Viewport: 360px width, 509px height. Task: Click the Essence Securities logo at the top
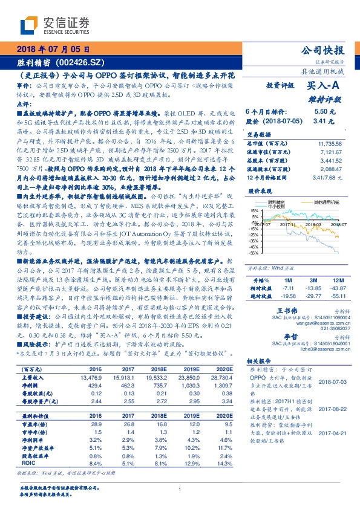tap(54, 25)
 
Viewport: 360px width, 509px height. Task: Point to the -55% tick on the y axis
tap(254, 253)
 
